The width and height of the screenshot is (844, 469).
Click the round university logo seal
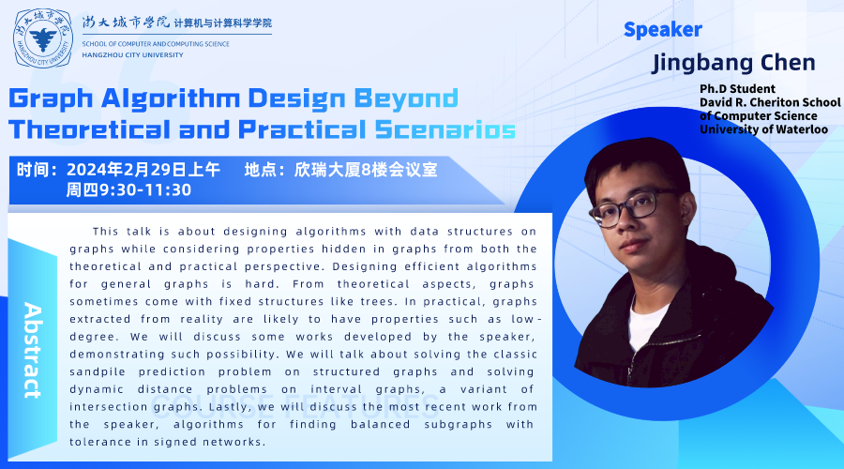coord(43,38)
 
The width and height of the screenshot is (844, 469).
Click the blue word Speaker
coord(663,30)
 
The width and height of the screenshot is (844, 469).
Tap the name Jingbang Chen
coord(733,63)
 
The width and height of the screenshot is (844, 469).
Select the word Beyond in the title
coord(406,98)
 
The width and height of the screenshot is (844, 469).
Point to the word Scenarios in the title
coord(445,129)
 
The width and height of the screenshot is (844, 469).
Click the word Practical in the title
coord(302,129)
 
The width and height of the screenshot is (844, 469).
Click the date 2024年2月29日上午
coord(143,170)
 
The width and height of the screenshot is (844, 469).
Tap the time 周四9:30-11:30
coord(128,189)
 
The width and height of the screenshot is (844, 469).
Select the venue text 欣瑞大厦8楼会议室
coord(366,170)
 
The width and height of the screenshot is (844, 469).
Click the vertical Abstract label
coord(33,351)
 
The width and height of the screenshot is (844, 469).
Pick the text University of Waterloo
coord(763,129)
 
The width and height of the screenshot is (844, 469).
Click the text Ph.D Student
coord(737,89)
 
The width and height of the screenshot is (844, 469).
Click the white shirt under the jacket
coord(646,322)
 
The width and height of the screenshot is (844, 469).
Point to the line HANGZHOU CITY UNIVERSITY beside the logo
coord(132,55)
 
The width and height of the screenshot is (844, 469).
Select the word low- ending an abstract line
coord(526,319)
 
